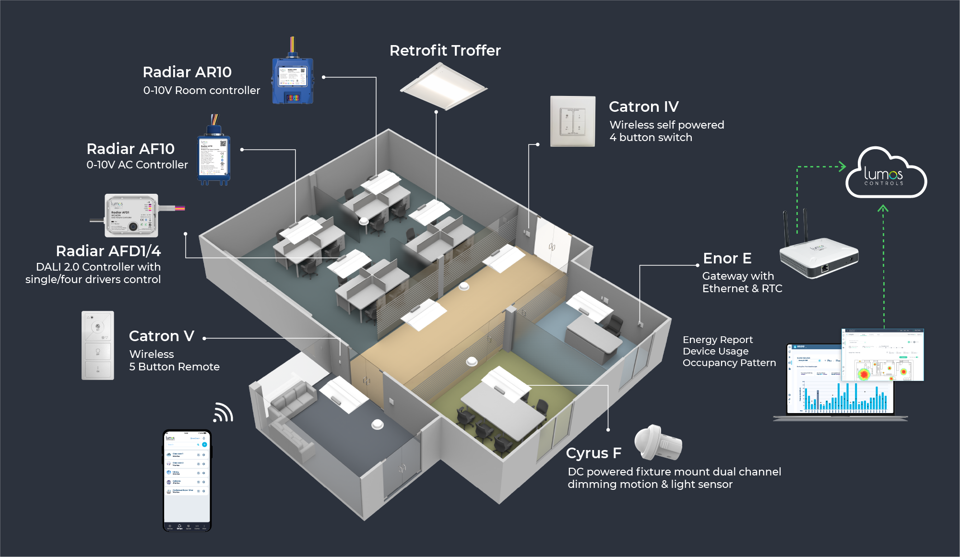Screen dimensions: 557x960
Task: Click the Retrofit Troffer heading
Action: [x=445, y=50]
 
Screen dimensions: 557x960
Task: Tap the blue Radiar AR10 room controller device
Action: [x=293, y=81]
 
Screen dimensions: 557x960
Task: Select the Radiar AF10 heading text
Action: [x=130, y=149]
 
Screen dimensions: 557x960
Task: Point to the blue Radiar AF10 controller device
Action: [x=214, y=158]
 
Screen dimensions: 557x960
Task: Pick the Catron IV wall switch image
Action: [x=572, y=121]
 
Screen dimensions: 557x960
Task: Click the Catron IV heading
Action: [x=643, y=107]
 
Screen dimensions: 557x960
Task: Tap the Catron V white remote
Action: [x=98, y=345]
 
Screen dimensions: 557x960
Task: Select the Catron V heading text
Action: [x=161, y=336]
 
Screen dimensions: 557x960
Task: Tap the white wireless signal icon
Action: [x=223, y=413]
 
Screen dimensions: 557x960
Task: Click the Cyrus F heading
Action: [x=593, y=453]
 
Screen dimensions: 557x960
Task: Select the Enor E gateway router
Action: [x=818, y=254]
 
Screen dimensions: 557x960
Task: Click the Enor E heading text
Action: [x=727, y=258]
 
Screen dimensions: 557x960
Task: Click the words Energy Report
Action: [x=717, y=340]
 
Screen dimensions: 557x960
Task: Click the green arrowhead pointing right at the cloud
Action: [x=842, y=166]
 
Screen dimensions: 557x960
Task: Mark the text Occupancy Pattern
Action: [x=729, y=363]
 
